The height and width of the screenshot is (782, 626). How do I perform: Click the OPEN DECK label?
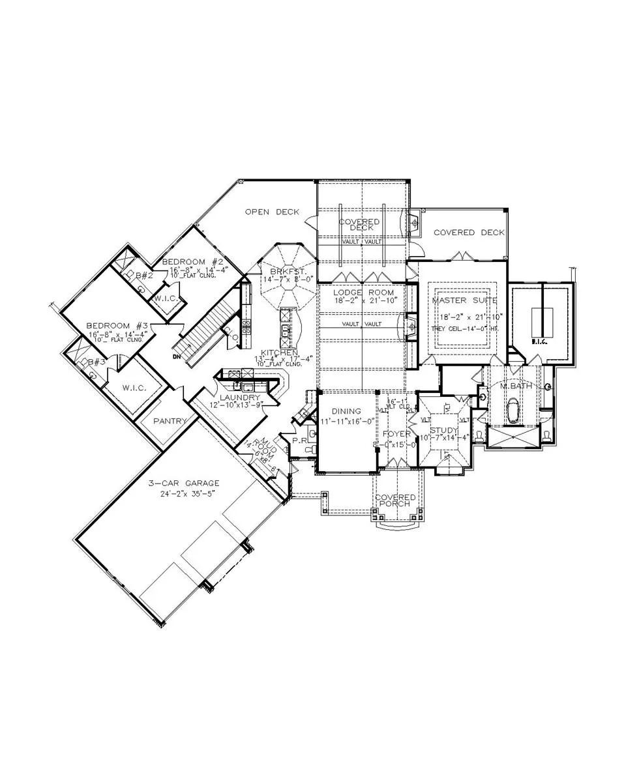(x=272, y=212)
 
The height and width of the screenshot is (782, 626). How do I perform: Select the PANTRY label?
(x=170, y=421)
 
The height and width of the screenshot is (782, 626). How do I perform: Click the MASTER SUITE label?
(x=464, y=300)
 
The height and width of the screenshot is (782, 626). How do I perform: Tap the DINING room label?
(x=346, y=411)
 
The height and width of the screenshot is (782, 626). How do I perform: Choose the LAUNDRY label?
(x=239, y=398)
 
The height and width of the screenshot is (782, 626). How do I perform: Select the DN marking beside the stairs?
(x=177, y=356)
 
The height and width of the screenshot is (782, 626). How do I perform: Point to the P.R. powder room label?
(x=300, y=441)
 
